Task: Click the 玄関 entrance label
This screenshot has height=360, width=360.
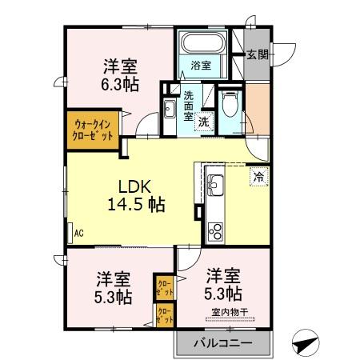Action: pyautogui.click(x=257, y=55)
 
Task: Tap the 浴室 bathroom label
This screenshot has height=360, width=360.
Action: pyautogui.click(x=200, y=66)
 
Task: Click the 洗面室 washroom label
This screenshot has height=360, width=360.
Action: pyautogui.click(x=189, y=104)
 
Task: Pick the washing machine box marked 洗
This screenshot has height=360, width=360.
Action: pyautogui.click(x=205, y=122)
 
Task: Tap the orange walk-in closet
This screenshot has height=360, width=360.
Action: pyautogui.click(x=94, y=130)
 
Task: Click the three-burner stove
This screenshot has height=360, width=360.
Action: pyautogui.click(x=216, y=230)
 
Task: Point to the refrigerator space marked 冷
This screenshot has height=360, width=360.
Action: pyautogui.click(x=259, y=176)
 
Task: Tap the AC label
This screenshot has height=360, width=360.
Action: pyautogui.click(x=78, y=234)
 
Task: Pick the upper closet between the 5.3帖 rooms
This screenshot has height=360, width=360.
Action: pyautogui.click(x=165, y=287)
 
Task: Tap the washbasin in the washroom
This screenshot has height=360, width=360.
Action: pyautogui.click(x=170, y=109)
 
